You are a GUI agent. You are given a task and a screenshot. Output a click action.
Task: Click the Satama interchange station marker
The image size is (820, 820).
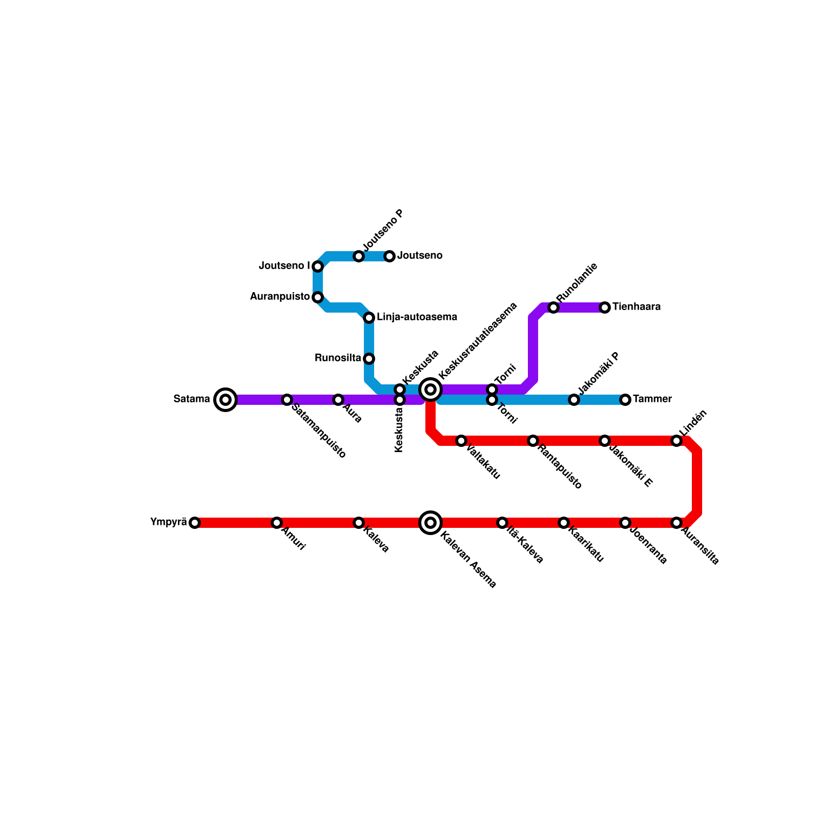[x=225, y=400]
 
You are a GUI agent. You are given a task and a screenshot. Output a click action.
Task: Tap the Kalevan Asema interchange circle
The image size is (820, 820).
[x=430, y=523]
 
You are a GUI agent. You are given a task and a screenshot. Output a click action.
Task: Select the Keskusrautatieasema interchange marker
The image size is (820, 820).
[x=430, y=389]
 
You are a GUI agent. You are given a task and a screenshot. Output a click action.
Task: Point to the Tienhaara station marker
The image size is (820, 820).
[x=605, y=307]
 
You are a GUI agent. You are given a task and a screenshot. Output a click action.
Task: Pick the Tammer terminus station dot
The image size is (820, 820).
[x=625, y=400]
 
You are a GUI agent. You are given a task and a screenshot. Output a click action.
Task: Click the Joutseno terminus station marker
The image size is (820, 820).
[x=389, y=256]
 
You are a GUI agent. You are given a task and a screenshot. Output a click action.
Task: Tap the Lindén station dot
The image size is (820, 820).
[x=676, y=441]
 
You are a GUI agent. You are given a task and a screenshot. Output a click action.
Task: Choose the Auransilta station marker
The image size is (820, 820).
[x=676, y=523]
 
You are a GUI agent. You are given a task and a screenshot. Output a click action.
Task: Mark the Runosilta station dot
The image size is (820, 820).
[x=369, y=359]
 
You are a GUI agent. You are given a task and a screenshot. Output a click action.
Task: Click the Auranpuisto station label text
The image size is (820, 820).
[x=280, y=297]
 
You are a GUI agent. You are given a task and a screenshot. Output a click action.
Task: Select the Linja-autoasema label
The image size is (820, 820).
[x=417, y=317]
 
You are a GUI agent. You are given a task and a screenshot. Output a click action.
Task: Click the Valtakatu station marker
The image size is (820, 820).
[x=461, y=441]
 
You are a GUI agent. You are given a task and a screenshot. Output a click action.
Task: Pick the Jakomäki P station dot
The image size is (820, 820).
[x=574, y=400]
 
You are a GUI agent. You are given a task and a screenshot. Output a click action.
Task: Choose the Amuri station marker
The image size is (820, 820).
[x=277, y=523]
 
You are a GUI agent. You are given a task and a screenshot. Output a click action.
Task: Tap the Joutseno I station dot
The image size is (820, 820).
[x=318, y=266]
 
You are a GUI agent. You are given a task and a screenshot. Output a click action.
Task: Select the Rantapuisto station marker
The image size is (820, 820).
[x=533, y=441]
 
